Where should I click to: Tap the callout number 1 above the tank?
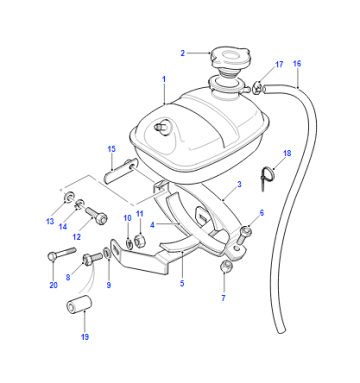point(164,79)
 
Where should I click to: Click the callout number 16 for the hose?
point(297,63)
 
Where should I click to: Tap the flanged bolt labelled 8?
point(92,258)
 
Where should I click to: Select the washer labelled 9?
point(106,253)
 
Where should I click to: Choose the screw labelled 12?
point(96,215)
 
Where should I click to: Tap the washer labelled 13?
point(69,197)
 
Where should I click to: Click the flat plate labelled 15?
point(120,171)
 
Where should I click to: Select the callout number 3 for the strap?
point(239,184)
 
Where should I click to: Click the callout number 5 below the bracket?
point(182,283)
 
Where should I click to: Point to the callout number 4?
point(152,225)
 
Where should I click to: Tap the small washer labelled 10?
point(129,244)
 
